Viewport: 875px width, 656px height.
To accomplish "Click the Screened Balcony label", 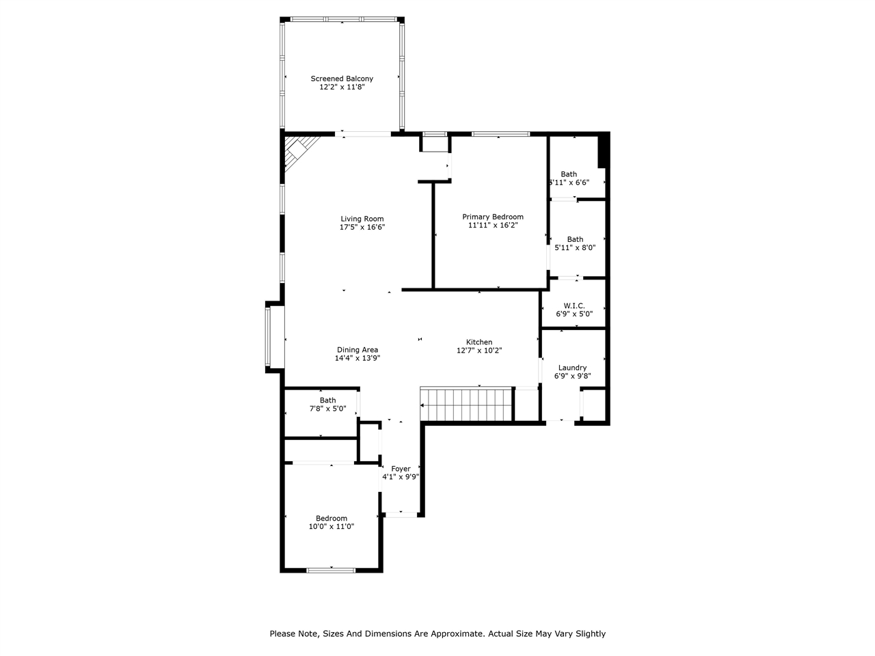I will coord(342,79).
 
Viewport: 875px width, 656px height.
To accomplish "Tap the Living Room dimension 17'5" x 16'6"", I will coord(362,228).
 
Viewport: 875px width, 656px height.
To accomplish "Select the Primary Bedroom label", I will coord(492,217).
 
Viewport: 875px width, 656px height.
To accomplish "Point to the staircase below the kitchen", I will coord(466,404).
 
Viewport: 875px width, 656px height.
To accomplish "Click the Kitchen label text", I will coord(479,342).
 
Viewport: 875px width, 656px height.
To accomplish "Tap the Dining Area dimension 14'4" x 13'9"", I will coord(357,358).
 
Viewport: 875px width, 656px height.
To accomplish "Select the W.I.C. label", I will coord(574,305).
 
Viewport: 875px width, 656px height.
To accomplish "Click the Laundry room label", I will coord(572,368).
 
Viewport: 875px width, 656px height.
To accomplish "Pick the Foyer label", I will coord(401,469).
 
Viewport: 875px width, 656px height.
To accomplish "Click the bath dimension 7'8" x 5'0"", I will coord(327,409).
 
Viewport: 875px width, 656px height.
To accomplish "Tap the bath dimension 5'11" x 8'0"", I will coord(575,248).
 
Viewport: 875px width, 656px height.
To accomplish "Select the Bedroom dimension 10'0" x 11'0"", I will coord(331,527).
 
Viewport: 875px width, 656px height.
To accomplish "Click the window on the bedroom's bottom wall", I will coord(331,570).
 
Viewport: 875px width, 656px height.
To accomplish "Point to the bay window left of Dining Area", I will coord(275,338).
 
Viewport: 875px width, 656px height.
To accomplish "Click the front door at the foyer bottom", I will coord(401,514).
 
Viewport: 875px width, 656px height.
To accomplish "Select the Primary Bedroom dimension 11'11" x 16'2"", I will coord(492,225).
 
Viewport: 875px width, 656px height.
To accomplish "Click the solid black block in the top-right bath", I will coord(603,150).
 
